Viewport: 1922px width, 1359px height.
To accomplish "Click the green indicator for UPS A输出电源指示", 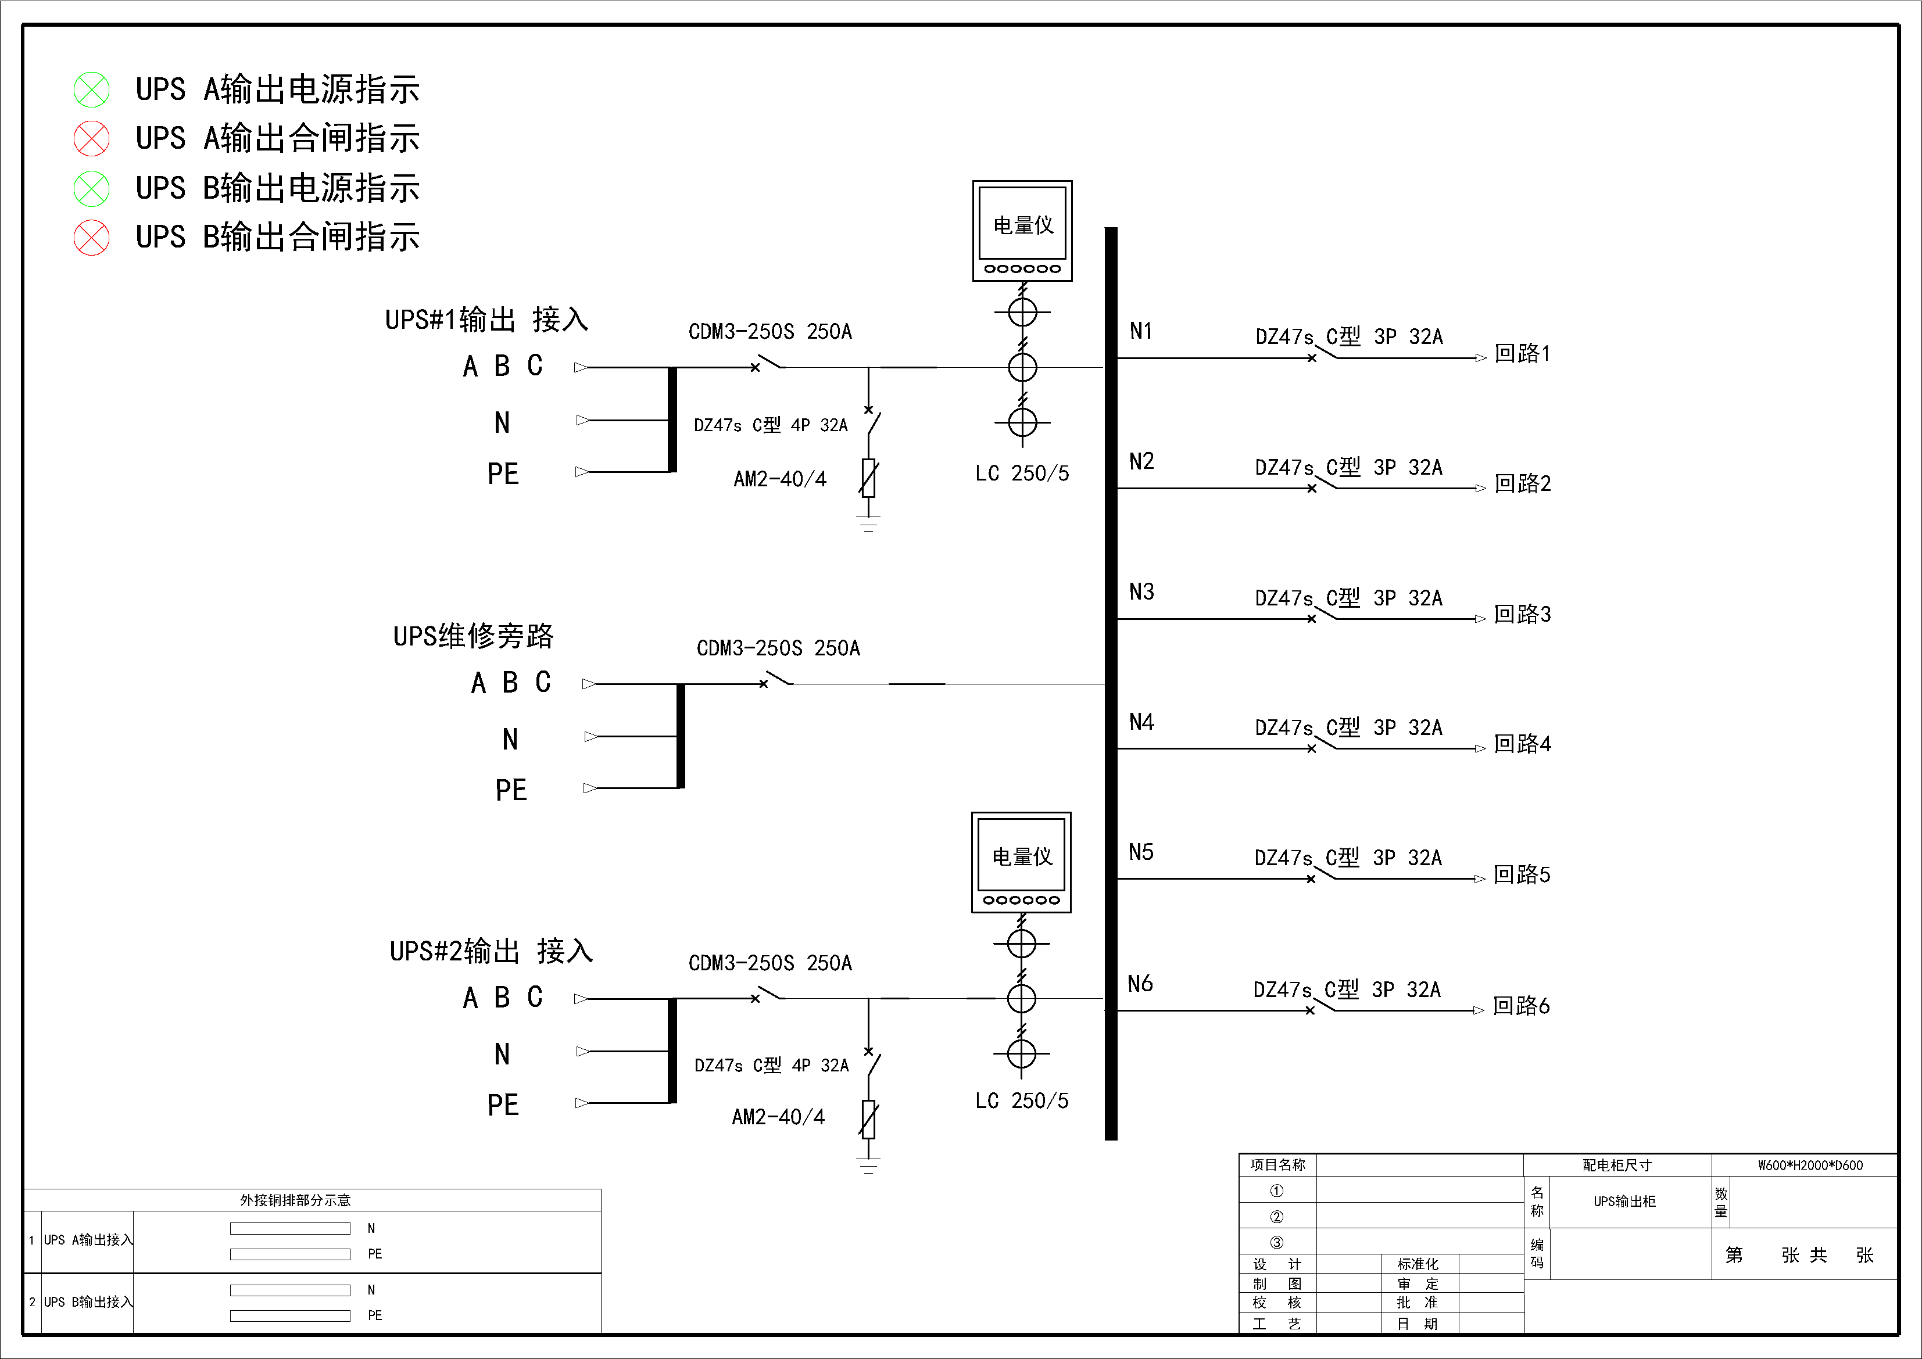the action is (91, 89).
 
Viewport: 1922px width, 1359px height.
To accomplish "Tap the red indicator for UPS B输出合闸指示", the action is (91, 238).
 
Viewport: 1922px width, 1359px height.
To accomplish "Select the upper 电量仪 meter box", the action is (1022, 231).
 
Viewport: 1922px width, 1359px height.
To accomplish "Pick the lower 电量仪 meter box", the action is (1021, 862).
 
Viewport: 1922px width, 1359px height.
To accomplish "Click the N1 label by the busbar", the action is (1141, 331).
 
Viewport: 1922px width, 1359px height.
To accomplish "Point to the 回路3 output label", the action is (1523, 614).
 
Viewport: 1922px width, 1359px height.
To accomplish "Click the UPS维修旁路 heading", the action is (474, 636).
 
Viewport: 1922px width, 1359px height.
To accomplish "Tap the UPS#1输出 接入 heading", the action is (486, 320).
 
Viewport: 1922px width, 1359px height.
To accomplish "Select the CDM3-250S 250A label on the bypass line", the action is (779, 648).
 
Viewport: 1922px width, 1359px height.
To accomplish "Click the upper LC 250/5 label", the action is (1022, 474).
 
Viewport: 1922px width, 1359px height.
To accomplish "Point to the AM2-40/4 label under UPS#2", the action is (779, 1117).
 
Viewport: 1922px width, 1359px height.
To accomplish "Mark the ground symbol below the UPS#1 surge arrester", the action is (869, 525).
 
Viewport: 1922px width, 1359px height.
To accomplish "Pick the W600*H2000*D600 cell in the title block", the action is (1810, 1165).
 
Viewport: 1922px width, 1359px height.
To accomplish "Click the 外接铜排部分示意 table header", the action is (295, 1200).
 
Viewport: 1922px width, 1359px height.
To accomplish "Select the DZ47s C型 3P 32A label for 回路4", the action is (1348, 728).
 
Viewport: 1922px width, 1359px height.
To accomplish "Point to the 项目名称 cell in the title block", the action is (1277, 1165).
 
